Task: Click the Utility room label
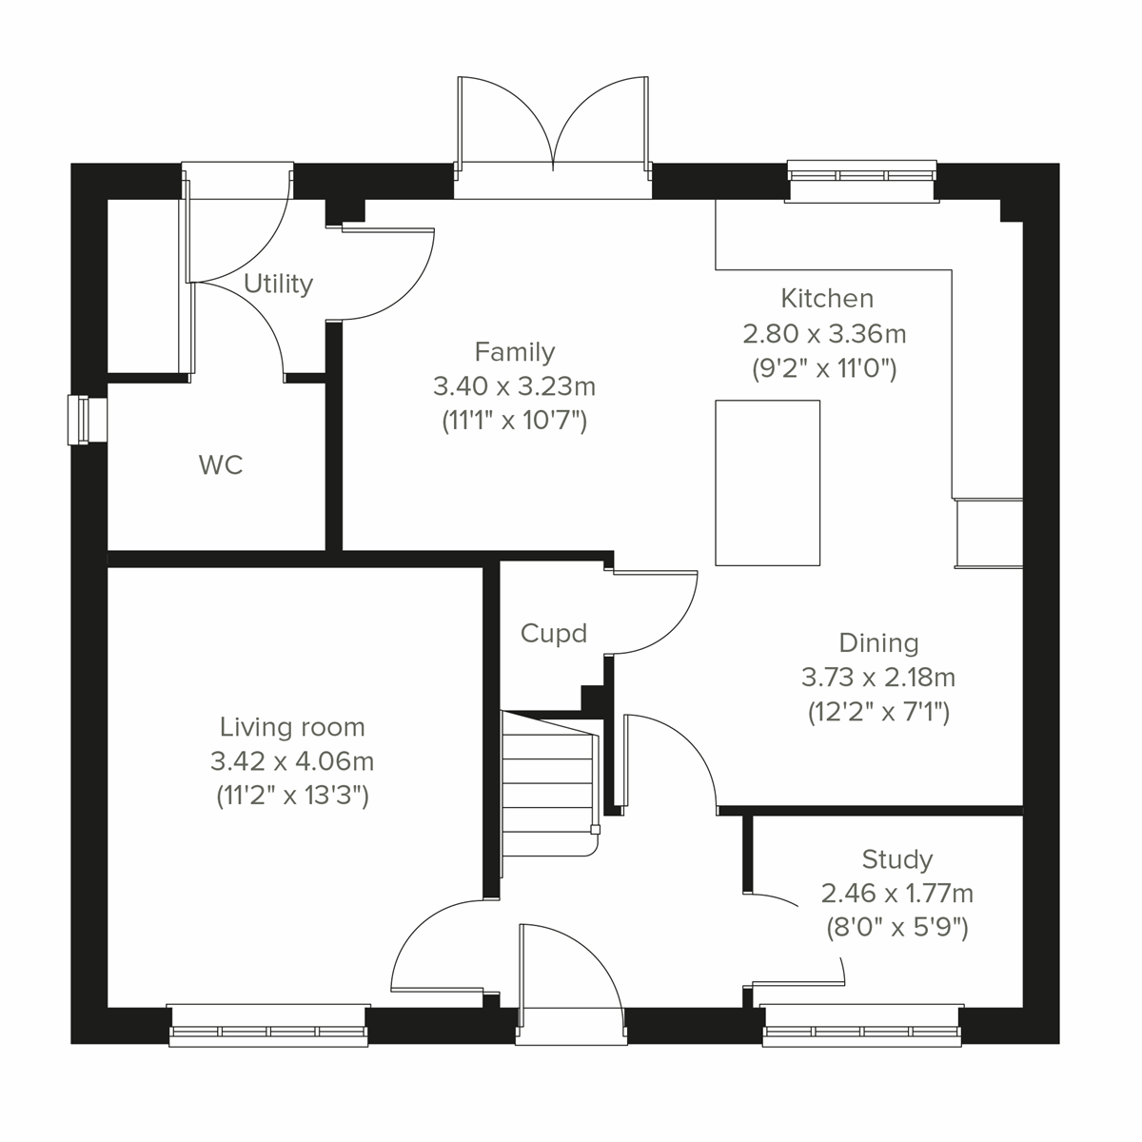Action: (x=278, y=284)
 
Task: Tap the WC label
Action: (x=221, y=465)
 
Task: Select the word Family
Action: (x=514, y=352)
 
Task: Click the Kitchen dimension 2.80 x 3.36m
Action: (x=824, y=333)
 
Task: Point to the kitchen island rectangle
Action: (x=767, y=482)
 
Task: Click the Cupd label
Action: (x=554, y=634)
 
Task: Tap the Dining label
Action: (x=878, y=643)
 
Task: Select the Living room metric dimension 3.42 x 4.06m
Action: (x=292, y=761)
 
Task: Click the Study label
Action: (x=896, y=860)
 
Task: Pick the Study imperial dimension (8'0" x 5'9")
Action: (x=896, y=927)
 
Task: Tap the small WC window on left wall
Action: (x=86, y=420)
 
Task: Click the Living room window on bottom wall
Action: (x=268, y=1026)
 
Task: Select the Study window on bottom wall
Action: (x=863, y=1026)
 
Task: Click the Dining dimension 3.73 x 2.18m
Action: (x=878, y=678)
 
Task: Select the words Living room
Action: (x=292, y=727)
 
